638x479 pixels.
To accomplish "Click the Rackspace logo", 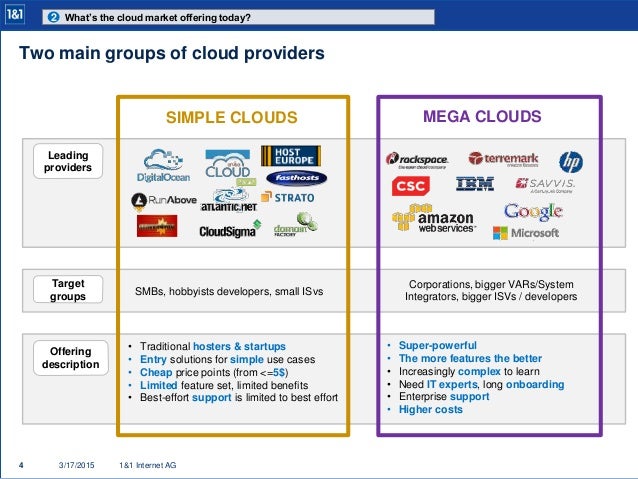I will pos(418,159).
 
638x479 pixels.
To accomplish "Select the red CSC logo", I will pos(410,187).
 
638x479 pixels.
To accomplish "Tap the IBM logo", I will pos(474,184).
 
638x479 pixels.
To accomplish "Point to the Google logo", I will pos(533,211).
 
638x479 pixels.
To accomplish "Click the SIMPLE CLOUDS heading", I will pos(232,118).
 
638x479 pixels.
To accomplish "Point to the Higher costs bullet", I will pos(431,409).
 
